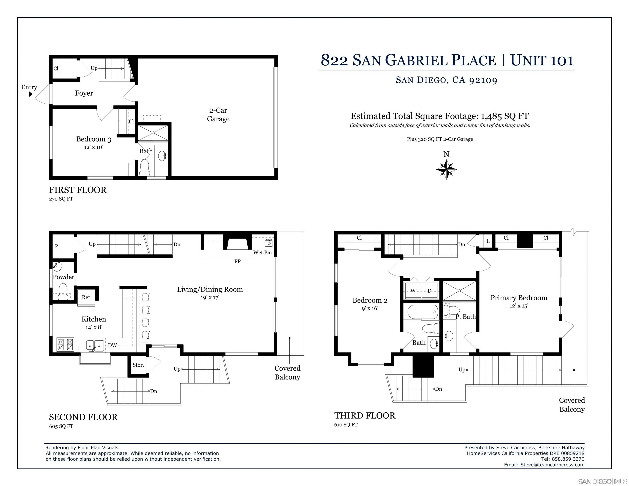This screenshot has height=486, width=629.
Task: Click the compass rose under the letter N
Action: (446, 169)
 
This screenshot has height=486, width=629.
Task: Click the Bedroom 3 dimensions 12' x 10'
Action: (94, 147)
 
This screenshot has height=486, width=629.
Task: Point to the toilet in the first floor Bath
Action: (144, 168)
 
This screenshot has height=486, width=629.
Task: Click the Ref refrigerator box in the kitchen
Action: (86, 297)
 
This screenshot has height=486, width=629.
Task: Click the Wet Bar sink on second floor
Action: (269, 243)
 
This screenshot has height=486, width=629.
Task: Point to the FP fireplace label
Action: (237, 262)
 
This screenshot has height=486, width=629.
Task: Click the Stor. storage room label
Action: (138, 365)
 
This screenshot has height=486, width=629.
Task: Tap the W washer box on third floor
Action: (413, 291)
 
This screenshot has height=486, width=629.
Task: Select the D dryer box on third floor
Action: (429, 291)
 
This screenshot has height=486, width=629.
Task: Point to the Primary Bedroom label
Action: (519, 298)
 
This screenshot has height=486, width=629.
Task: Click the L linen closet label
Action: (488, 241)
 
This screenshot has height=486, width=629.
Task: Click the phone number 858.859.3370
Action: (568, 459)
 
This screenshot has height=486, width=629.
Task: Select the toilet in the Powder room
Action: (63, 291)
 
